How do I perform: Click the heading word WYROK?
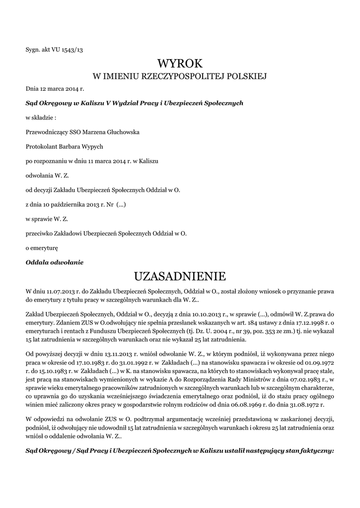coord(180,63)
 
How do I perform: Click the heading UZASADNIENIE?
coord(180,275)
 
